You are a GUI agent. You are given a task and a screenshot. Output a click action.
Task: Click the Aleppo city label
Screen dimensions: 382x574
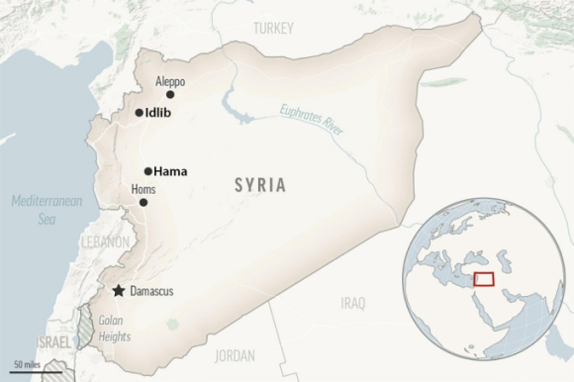pyautogui.click(x=170, y=82)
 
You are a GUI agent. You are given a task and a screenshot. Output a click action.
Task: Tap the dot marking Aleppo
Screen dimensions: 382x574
pyautogui.click(x=170, y=95)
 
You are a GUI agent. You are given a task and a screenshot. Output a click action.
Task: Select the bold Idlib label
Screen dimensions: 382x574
pyautogui.click(x=160, y=113)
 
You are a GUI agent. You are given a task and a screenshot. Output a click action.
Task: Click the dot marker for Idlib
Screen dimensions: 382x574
pyautogui.click(x=139, y=113)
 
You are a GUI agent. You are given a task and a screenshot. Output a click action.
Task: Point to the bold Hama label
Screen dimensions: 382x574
pyautogui.click(x=171, y=171)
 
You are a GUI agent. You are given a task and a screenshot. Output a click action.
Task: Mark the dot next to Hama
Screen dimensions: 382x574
pyautogui.click(x=147, y=171)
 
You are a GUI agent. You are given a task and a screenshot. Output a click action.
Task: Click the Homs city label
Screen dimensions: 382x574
pyautogui.click(x=143, y=188)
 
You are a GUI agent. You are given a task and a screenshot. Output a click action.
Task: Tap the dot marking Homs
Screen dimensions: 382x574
pyautogui.click(x=143, y=202)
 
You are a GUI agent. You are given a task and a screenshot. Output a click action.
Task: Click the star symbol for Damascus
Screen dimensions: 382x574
pyautogui.click(x=120, y=291)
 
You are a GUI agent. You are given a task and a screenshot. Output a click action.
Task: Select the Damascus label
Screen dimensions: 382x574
pyautogui.click(x=152, y=291)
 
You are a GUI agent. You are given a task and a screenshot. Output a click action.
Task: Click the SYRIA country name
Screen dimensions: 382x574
pyautogui.click(x=260, y=184)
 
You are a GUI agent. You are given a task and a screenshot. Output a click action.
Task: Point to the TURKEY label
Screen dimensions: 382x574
pyautogui.click(x=273, y=30)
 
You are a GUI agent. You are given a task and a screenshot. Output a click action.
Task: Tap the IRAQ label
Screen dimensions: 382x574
pyautogui.click(x=352, y=302)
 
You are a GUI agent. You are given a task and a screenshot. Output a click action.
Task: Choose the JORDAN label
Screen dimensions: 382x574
pyautogui.click(x=235, y=355)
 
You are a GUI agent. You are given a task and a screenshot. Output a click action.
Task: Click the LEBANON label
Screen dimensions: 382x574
pyautogui.click(x=106, y=241)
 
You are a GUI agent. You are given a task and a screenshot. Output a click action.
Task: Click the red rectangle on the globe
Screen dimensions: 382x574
pyautogui.click(x=483, y=279)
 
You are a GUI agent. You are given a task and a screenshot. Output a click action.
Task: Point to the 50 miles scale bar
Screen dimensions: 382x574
pyautogui.click(x=28, y=368)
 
